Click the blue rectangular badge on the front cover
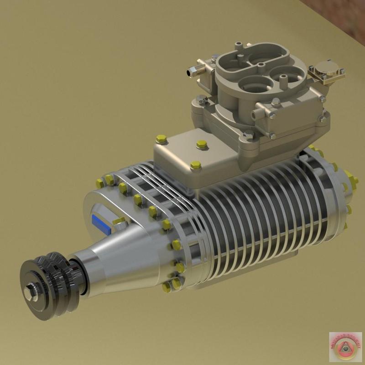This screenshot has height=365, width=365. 101,222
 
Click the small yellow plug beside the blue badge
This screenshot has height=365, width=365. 120,221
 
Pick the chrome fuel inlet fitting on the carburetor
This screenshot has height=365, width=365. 194,72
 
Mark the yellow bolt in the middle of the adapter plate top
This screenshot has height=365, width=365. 201,145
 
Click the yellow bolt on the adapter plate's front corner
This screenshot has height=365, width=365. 195,165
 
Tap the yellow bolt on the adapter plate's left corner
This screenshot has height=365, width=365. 161,139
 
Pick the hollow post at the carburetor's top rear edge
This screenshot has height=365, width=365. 238,46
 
